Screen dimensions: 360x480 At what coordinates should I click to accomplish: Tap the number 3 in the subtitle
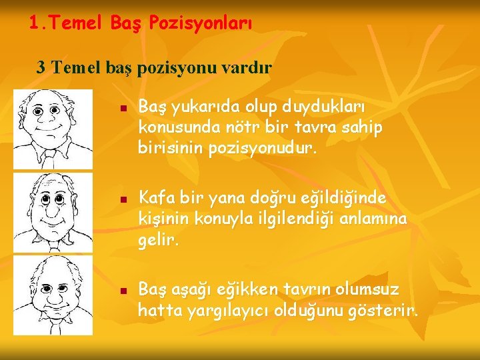click(x=41, y=67)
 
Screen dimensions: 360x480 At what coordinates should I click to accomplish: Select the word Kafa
click(x=155, y=199)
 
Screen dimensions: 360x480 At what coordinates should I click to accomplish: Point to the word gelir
click(x=159, y=238)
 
